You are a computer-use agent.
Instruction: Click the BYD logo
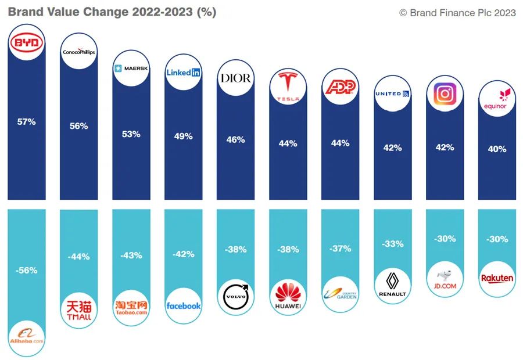27,42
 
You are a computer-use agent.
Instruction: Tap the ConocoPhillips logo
79,52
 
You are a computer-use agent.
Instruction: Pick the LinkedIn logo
184,73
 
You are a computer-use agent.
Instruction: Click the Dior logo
235,78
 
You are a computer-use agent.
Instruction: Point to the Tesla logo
288,87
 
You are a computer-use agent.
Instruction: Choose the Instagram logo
445,93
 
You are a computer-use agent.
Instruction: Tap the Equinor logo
495,99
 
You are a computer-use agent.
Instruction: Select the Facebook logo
184,305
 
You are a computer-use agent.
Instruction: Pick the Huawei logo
288,296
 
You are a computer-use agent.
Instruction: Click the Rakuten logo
497,278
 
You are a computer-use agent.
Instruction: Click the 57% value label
27,122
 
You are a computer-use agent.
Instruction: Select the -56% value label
27,270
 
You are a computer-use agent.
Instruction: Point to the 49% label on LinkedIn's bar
184,136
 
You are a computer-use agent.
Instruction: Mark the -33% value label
392,244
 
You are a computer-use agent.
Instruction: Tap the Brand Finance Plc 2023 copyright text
457,13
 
